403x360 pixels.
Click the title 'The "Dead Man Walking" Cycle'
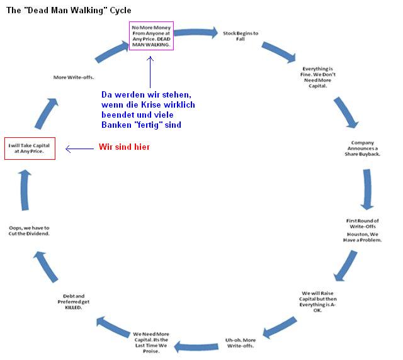69,11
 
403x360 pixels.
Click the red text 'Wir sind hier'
125,147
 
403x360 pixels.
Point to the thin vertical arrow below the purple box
150,72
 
